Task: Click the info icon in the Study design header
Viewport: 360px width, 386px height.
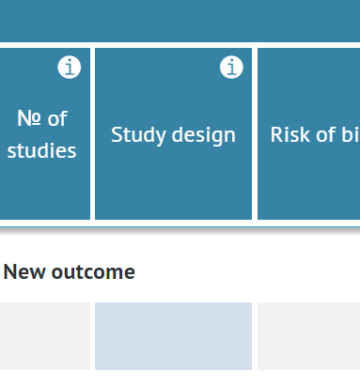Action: [231, 68]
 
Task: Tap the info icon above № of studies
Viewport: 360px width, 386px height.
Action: [70, 68]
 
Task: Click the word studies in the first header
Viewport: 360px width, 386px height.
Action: [41, 150]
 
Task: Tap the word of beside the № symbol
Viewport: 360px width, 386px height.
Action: [57, 119]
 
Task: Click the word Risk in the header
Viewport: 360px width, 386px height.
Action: [290, 134]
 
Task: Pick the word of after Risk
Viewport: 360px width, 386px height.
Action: [327, 134]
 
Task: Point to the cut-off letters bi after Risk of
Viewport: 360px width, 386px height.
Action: [350, 134]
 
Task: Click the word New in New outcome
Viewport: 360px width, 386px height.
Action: [22, 272]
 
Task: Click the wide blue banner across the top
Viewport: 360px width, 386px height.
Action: [180, 19]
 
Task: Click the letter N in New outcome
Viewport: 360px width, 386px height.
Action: [9, 272]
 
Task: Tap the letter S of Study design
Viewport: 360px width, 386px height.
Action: [117, 134]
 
